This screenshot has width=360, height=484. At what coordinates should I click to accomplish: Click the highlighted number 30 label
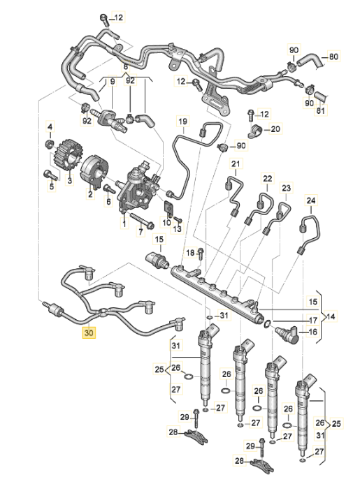[x=88, y=334]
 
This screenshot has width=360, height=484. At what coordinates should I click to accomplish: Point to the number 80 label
[x=333, y=56]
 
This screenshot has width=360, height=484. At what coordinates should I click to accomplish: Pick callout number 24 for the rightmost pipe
[x=311, y=199]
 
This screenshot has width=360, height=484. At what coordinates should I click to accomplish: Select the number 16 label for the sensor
[x=312, y=332]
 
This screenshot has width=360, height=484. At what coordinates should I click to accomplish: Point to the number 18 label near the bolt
[x=189, y=251]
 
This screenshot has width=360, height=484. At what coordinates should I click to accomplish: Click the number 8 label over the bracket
[x=125, y=67]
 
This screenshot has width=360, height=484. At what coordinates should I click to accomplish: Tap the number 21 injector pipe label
[x=236, y=164]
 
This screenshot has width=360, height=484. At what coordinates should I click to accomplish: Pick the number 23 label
[x=285, y=189]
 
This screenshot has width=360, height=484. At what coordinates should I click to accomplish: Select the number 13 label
[x=177, y=228]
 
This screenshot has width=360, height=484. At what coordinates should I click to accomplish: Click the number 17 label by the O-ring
[x=312, y=320]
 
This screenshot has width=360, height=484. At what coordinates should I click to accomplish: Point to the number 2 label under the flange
[x=90, y=196]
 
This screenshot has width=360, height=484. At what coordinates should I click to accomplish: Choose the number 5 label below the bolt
[x=51, y=186]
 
